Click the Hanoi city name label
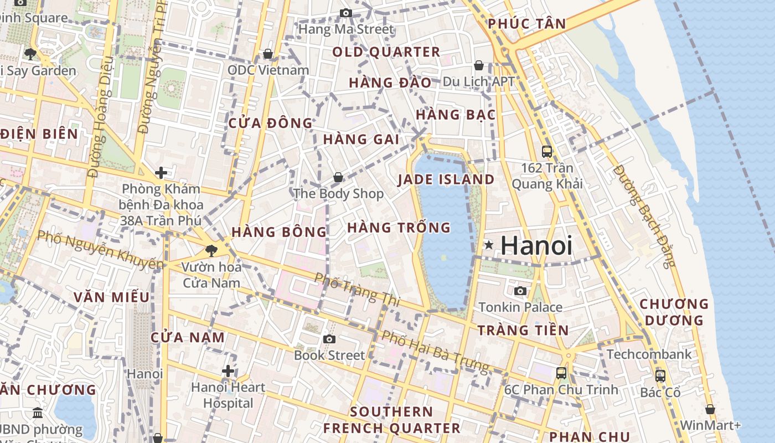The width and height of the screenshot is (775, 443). click(536, 245)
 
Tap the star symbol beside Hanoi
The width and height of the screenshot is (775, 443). click(489, 244)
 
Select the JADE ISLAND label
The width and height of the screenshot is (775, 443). click(446, 179)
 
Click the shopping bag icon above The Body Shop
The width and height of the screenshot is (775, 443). click(338, 178)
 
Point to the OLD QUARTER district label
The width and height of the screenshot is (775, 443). click(386, 53)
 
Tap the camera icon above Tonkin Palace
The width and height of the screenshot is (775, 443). click(520, 291)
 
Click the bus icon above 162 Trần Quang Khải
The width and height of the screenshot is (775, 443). click(547, 151)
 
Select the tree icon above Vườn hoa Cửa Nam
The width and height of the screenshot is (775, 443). click(211, 251)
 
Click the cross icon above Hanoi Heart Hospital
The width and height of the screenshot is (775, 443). click(228, 371)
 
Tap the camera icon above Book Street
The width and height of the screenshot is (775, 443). click(329, 339)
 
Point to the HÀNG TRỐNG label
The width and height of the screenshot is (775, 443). click(399, 228)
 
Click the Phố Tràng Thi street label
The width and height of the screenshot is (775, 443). click(356, 289)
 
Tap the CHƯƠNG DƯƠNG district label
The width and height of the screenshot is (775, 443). click(674, 312)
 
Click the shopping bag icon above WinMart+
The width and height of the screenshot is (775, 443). click(710, 410)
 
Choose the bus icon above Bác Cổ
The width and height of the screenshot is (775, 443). click(660, 376)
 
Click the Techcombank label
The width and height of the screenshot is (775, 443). click(649, 354)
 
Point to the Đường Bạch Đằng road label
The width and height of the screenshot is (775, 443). click(644, 216)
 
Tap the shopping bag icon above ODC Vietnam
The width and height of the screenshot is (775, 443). click(268, 54)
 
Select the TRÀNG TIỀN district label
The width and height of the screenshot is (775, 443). click(523, 331)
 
